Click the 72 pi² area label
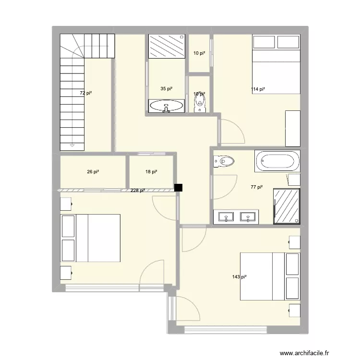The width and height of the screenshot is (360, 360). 86,93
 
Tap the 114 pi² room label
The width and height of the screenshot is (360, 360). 258,89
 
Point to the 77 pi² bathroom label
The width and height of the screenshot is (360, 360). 257,187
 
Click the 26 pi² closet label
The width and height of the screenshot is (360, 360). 93,171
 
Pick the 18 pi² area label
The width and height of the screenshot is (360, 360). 151,171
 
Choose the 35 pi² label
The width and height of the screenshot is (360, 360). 166,89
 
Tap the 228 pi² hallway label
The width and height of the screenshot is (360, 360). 138,191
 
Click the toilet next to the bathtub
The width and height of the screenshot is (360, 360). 223,161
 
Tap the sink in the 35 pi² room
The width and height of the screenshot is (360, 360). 166,106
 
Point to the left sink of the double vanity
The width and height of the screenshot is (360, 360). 226,217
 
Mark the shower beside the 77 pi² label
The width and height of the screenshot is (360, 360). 287,205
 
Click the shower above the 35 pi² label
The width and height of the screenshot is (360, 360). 166,46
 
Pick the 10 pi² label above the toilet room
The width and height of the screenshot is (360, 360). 199,53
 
